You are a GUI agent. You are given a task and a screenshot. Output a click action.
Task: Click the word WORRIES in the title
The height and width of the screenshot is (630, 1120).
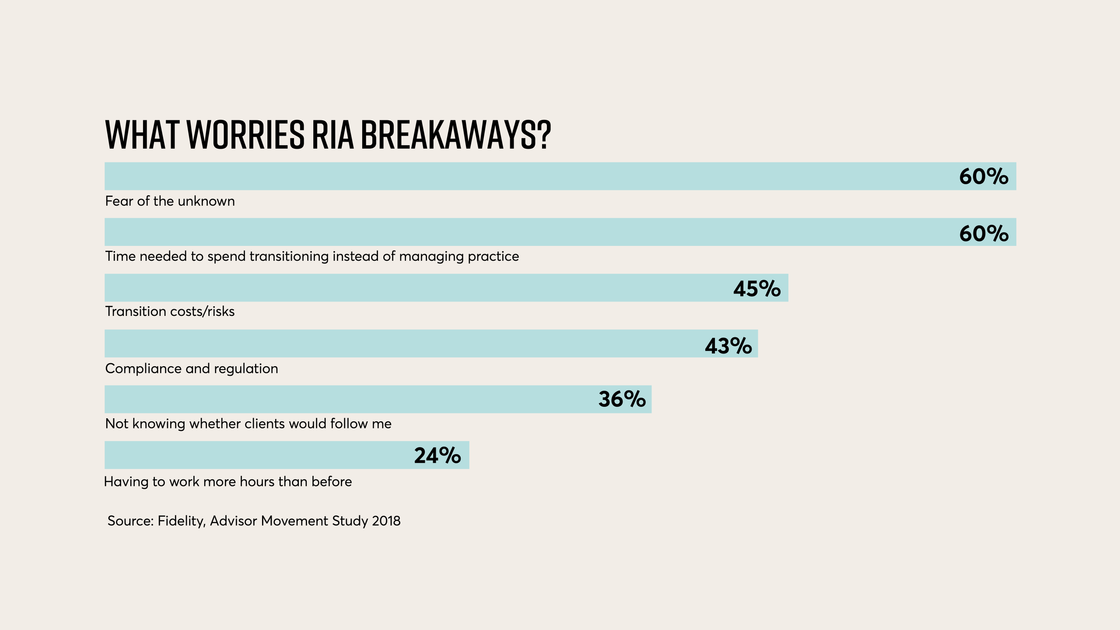(245, 134)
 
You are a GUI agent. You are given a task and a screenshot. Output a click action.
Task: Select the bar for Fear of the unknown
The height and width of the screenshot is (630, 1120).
(525, 176)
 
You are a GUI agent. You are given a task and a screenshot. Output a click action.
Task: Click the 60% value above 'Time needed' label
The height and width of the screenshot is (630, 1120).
(983, 233)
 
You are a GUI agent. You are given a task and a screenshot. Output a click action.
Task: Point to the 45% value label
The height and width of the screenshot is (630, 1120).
(756, 289)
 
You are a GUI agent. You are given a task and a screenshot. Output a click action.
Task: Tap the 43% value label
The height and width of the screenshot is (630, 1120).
(728, 346)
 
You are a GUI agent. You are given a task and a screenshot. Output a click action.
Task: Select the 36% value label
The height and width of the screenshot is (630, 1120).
(622, 399)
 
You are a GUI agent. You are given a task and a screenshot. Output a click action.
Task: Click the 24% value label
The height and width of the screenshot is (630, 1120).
(437, 455)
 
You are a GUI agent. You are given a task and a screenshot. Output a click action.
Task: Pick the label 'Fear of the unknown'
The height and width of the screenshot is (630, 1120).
(170, 201)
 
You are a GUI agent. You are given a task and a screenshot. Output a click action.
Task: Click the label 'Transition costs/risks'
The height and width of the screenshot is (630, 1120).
(170, 311)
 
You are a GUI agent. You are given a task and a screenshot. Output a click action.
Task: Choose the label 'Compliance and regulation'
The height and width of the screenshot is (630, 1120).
(192, 369)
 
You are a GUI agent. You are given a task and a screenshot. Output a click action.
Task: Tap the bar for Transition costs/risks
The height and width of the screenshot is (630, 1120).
(416, 288)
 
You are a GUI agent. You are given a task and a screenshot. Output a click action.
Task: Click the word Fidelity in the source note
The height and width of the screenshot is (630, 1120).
(181, 521)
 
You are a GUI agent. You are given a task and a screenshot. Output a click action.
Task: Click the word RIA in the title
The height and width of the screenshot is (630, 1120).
(332, 134)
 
